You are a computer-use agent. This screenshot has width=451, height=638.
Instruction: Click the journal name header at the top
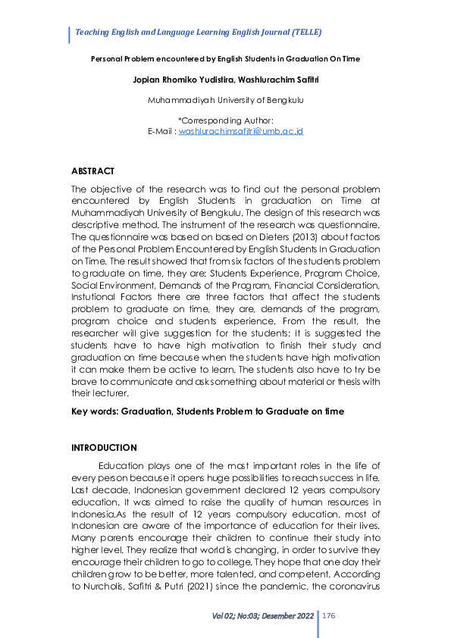[x=198, y=33]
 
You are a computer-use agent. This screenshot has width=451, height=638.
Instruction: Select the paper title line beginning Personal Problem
[x=225, y=58]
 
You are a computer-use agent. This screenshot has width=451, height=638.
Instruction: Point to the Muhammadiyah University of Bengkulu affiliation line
[x=225, y=100]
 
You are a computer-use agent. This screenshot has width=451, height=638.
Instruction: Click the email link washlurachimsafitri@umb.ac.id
[x=240, y=131]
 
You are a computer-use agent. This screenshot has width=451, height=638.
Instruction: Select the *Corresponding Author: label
[x=225, y=120]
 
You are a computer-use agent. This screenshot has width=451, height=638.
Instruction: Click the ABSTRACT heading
[x=92, y=171]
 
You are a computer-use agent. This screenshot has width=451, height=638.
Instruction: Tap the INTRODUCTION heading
[x=104, y=448]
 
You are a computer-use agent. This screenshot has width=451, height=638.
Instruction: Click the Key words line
[x=207, y=411]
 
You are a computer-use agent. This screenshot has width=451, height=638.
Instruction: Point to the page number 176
[x=329, y=617]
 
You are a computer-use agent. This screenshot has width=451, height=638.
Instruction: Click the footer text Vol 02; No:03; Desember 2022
[x=263, y=617]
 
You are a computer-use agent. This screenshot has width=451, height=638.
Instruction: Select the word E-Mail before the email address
[x=161, y=131]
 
